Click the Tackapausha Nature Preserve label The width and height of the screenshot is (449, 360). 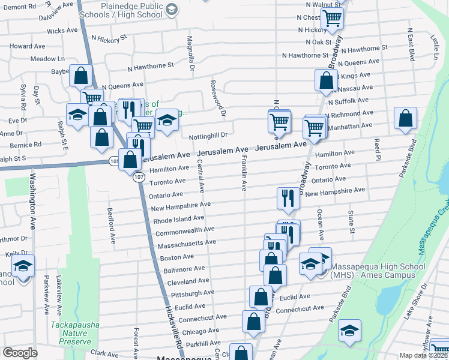tap(74, 332)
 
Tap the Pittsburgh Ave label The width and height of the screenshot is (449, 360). tap(193, 294)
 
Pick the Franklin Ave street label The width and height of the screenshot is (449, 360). tap(244, 174)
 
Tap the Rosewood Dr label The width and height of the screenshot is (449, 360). tap(217, 97)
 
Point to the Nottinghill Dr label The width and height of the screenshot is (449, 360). tap(208, 136)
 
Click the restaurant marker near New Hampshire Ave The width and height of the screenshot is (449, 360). tap(288, 199)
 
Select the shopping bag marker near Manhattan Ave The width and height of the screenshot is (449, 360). tap(406, 119)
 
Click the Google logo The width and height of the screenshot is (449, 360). tap(20, 353)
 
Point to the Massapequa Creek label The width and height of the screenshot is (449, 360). tap(442, 222)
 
